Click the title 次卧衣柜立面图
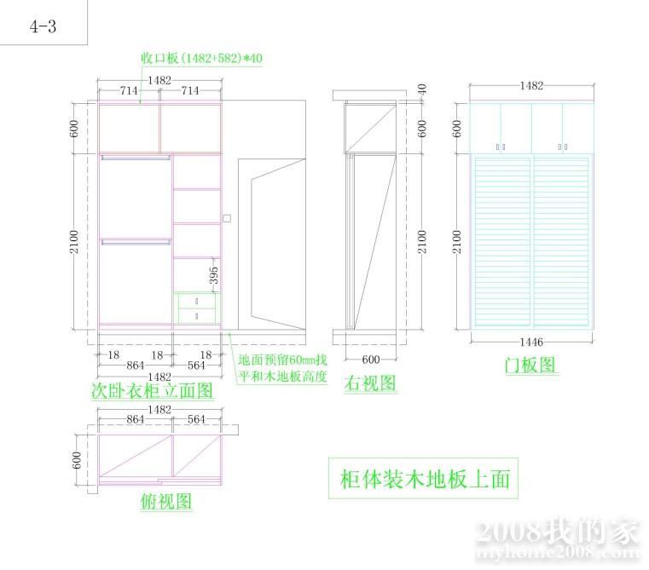[x=152, y=391]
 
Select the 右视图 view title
[x=371, y=383]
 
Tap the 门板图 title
[x=530, y=365]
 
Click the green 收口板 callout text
[x=202, y=58]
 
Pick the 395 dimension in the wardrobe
[x=214, y=275]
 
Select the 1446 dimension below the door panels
[x=530, y=342]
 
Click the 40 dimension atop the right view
[x=420, y=88]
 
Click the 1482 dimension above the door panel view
[x=530, y=86]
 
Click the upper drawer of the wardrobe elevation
[x=196, y=301]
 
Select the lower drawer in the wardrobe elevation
[x=196, y=316]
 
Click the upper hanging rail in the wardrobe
[x=135, y=158]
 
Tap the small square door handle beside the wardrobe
[x=226, y=217]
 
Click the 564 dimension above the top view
[x=196, y=419]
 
